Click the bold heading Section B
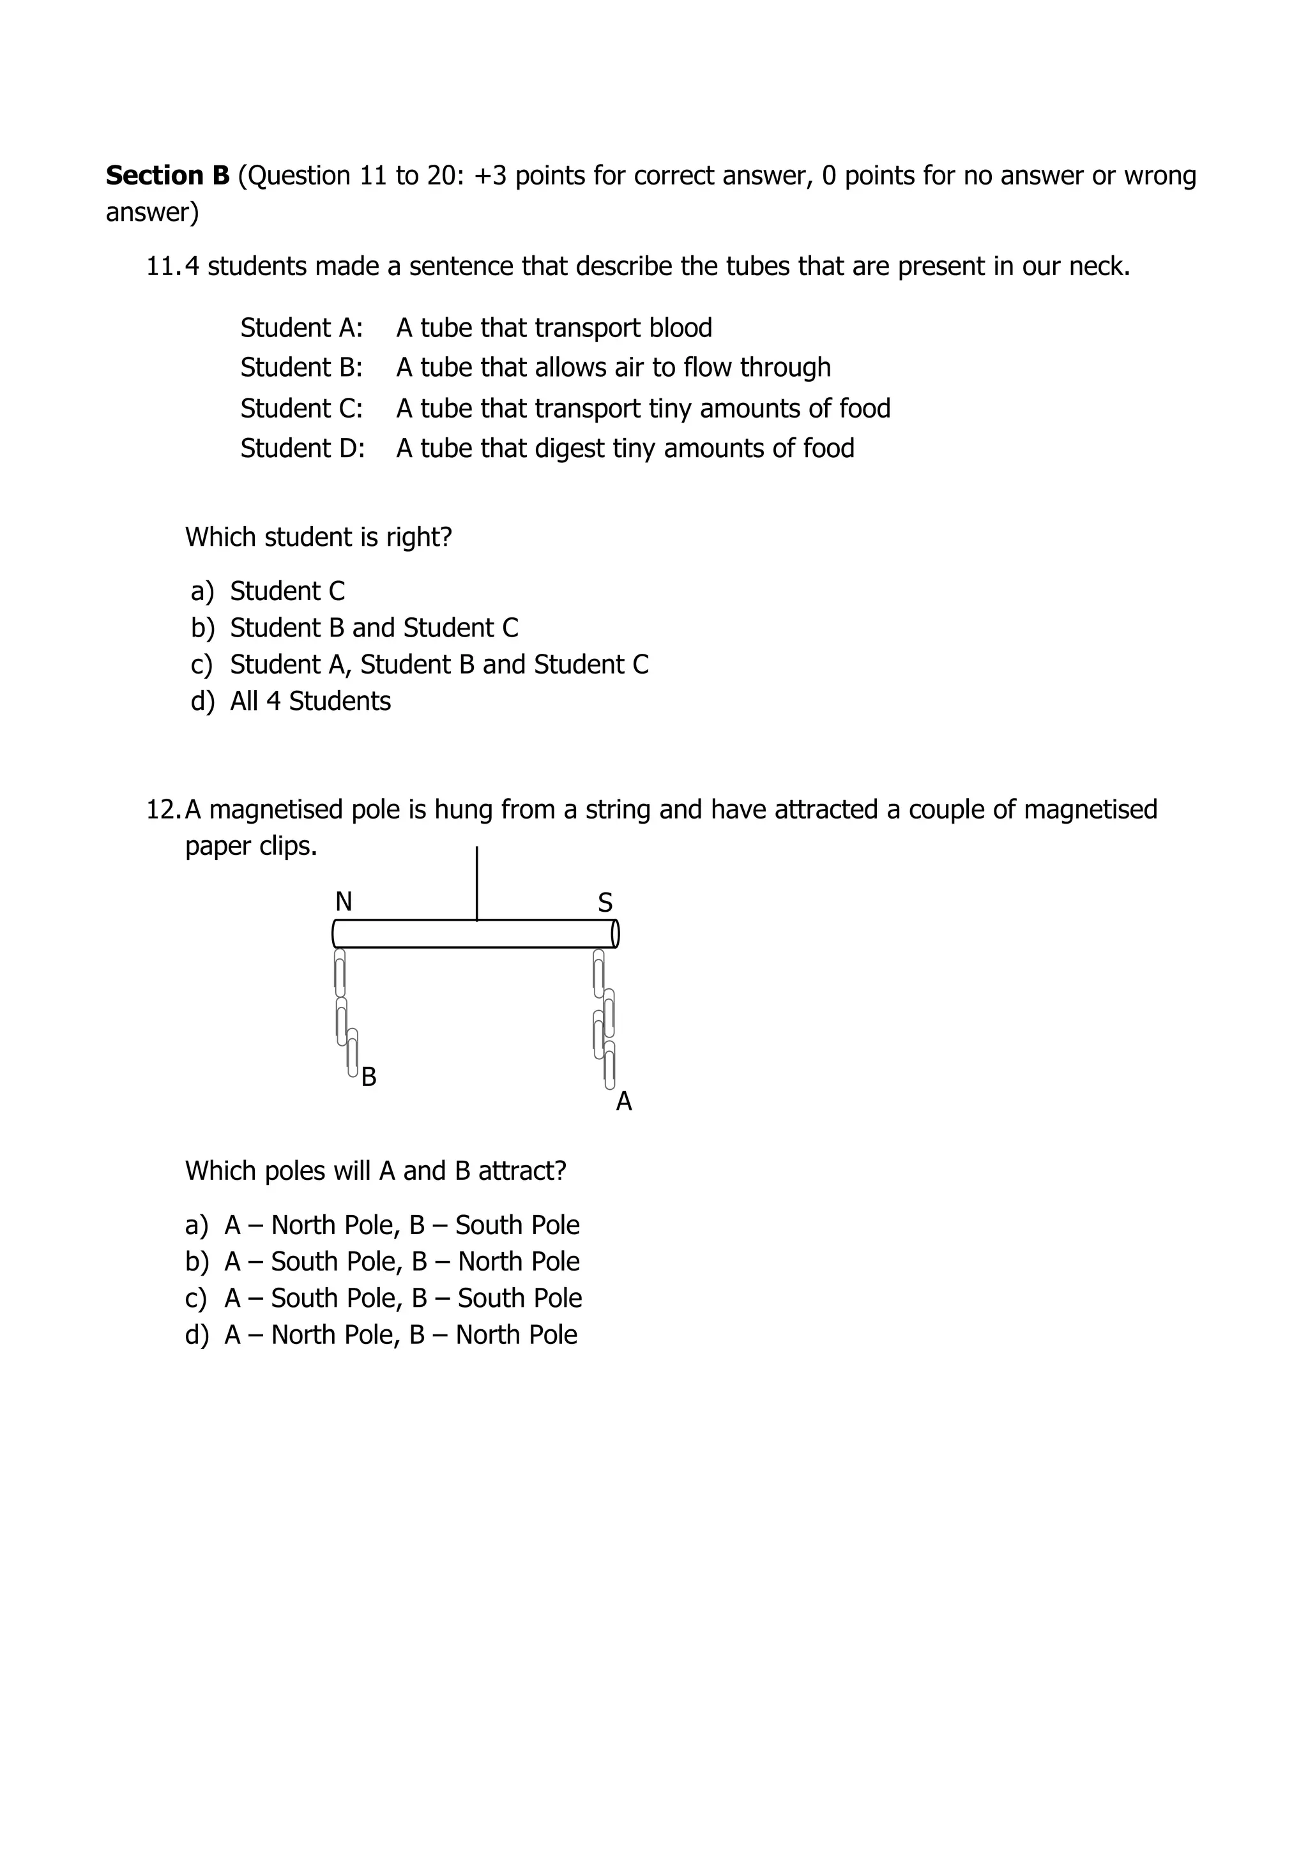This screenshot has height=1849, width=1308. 167,176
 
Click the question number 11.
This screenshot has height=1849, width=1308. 163,266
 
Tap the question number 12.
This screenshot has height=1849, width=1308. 163,810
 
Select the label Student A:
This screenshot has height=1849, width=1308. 301,328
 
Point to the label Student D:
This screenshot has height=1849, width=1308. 302,449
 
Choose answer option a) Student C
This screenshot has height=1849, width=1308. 268,591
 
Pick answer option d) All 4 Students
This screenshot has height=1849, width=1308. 290,702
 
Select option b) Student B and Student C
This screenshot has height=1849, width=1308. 354,628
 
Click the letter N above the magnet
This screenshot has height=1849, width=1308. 343,902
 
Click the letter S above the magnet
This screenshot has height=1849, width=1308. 605,903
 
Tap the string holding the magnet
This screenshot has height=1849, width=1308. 477,882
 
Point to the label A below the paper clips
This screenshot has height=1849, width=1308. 623,1101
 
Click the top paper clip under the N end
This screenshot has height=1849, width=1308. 340,973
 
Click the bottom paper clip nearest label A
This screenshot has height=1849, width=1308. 610,1064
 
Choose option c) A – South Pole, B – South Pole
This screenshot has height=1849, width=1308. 383,1298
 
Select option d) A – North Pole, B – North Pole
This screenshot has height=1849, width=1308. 381,1335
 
